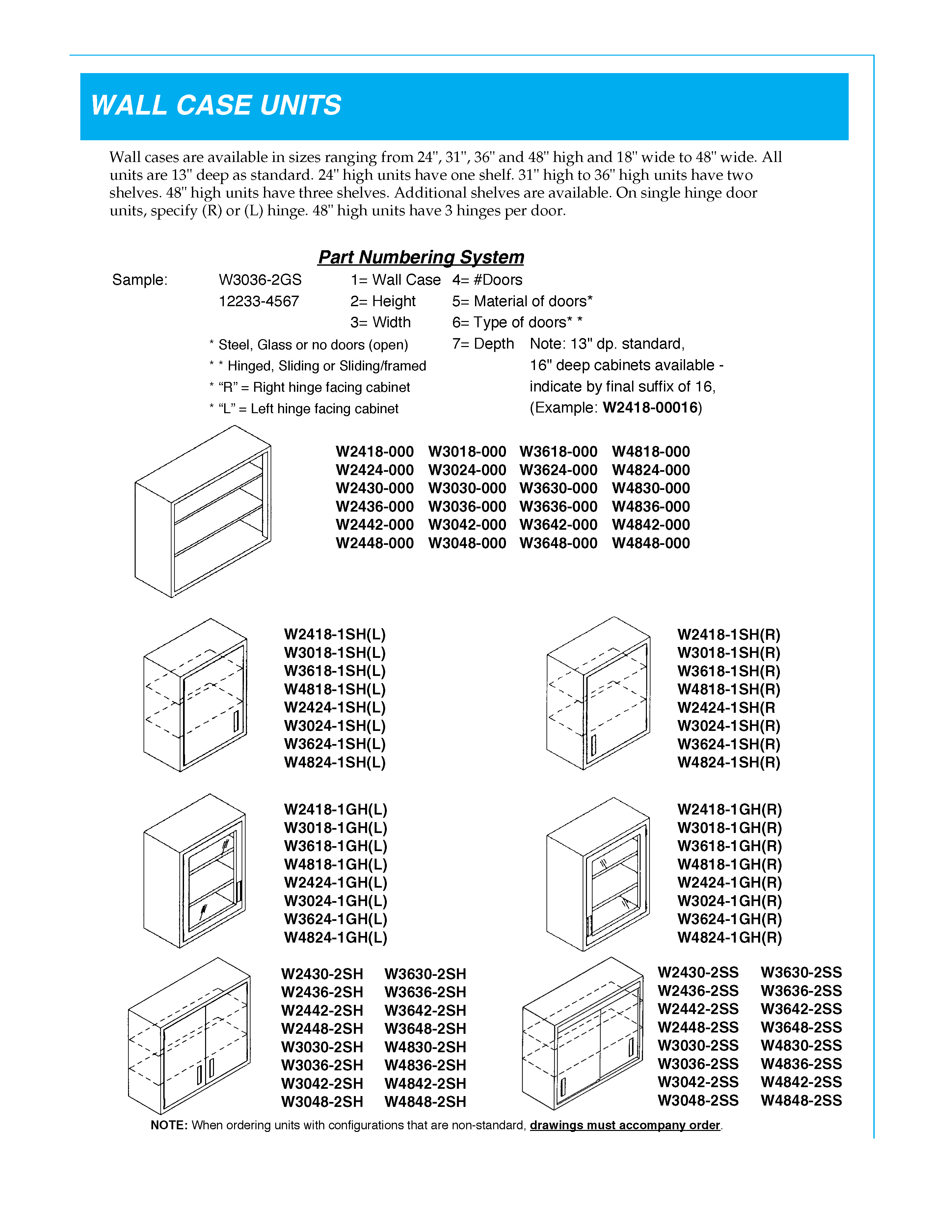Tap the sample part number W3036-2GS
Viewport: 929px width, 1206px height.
260,280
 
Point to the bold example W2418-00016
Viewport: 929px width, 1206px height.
650,408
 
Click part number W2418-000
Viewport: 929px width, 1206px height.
374,452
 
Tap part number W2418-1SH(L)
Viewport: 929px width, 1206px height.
334,634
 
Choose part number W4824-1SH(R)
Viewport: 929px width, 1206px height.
728,763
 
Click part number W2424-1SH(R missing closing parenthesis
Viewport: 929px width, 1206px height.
726,708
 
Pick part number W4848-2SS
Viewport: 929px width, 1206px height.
801,1101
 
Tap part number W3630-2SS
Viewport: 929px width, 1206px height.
801,973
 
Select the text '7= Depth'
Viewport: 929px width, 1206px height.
482,344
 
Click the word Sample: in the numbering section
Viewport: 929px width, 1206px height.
140,280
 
